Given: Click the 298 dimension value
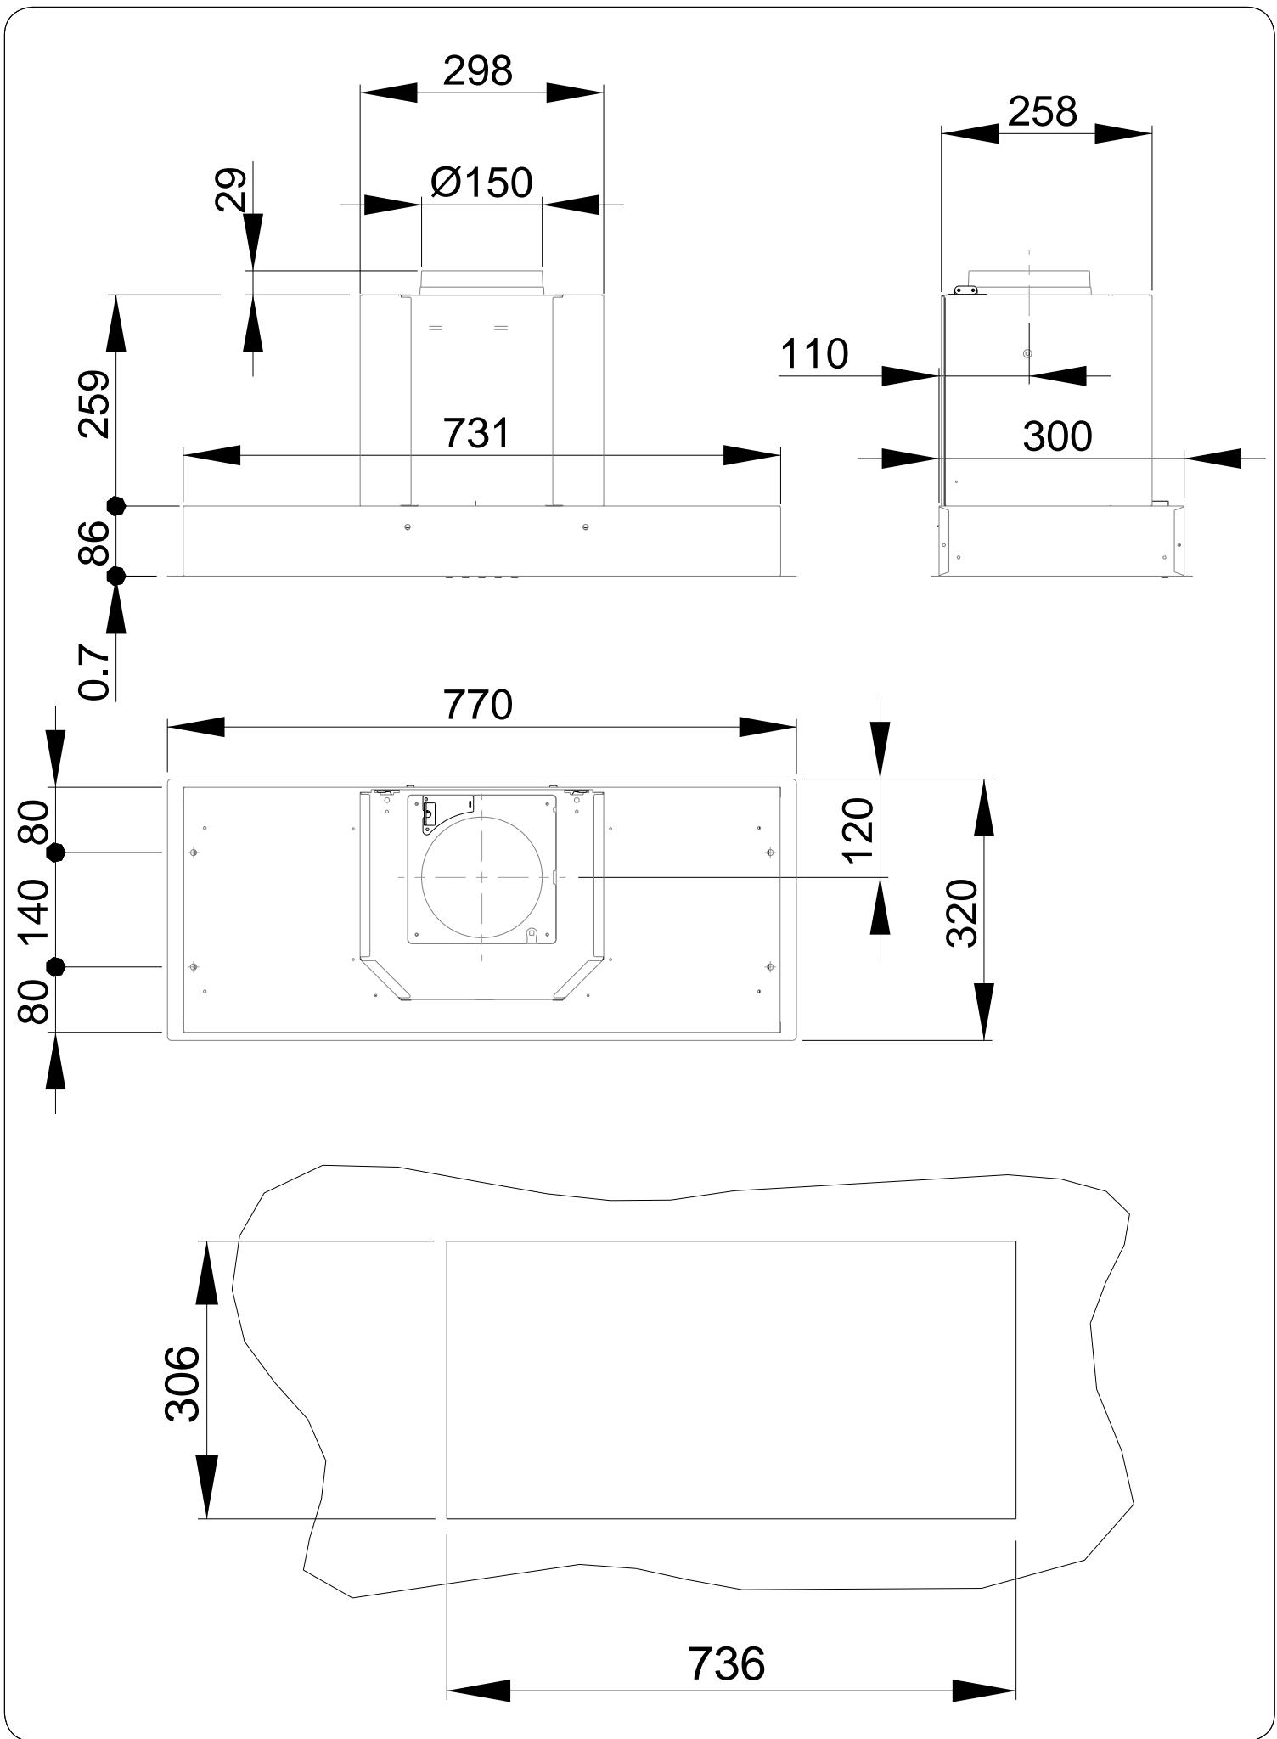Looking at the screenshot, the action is click(x=477, y=70).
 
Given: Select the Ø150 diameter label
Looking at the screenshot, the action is click(x=481, y=182).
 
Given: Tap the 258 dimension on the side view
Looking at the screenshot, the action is click(x=1043, y=111).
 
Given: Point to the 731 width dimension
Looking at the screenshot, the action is click(x=477, y=433).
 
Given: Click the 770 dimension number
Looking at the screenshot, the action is click(x=478, y=705).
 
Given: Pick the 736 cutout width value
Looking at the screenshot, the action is click(x=727, y=1663).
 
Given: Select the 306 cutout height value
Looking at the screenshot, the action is click(x=182, y=1383).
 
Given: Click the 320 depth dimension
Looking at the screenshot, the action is click(x=962, y=914).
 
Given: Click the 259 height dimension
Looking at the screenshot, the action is click(x=93, y=404).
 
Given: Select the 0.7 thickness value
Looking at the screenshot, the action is click(x=93, y=672).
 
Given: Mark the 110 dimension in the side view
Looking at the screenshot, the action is click(x=813, y=354).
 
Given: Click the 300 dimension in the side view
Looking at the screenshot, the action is click(x=1057, y=436).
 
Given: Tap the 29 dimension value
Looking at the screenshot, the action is click(x=231, y=189).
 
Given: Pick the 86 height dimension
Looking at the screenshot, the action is click(x=93, y=543).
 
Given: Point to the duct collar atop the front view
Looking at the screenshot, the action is click(x=481, y=282).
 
